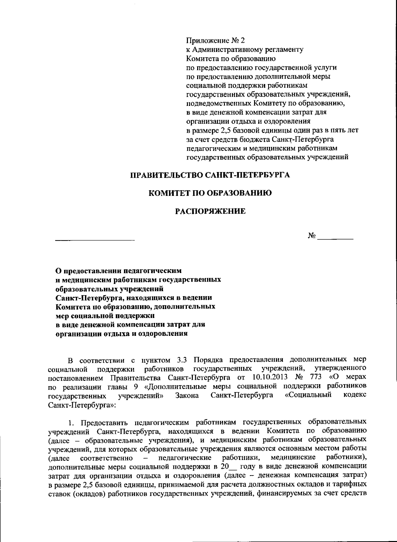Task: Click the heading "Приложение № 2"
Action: coord(216,41)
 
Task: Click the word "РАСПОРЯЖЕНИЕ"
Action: coord(210,211)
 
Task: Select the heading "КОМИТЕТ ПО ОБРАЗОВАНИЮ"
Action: coord(210,193)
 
